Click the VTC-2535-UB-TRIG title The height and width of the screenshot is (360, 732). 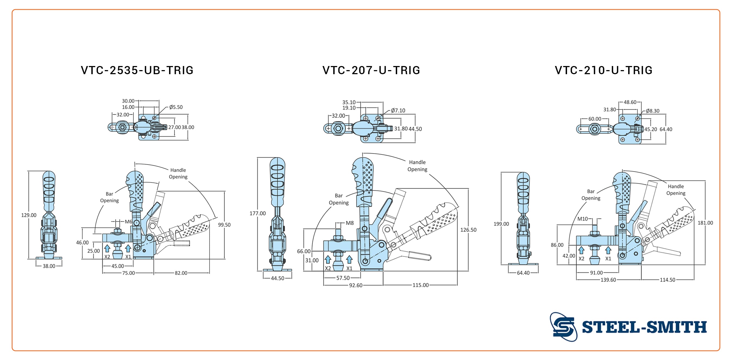(137, 70)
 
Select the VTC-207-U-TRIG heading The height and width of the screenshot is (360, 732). (371, 70)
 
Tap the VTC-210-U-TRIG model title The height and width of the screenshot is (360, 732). (603, 70)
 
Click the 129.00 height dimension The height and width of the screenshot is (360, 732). (29, 215)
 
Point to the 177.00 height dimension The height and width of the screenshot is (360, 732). (257, 213)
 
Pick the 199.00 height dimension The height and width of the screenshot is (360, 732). (501, 224)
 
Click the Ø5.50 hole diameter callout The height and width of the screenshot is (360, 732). (176, 107)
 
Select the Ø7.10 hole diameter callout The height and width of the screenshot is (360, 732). (398, 111)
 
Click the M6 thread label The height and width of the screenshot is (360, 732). (129, 222)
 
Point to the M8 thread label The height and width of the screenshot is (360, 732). (350, 223)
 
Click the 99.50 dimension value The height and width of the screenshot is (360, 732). (224, 225)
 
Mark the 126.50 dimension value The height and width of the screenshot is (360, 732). (468, 230)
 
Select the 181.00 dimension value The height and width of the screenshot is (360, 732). (705, 223)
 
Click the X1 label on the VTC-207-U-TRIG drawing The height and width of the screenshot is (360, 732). (349, 268)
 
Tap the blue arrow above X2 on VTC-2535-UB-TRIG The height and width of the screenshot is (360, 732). (107, 248)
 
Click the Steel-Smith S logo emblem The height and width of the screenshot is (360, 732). (563, 327)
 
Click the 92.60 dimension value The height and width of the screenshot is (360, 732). (356, 285)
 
